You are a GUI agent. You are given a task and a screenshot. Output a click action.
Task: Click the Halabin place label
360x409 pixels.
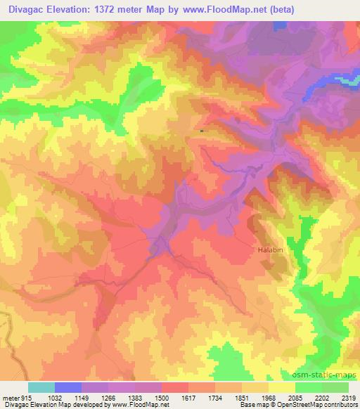268,249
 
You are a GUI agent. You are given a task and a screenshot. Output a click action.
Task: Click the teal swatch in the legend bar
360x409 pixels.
41,387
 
